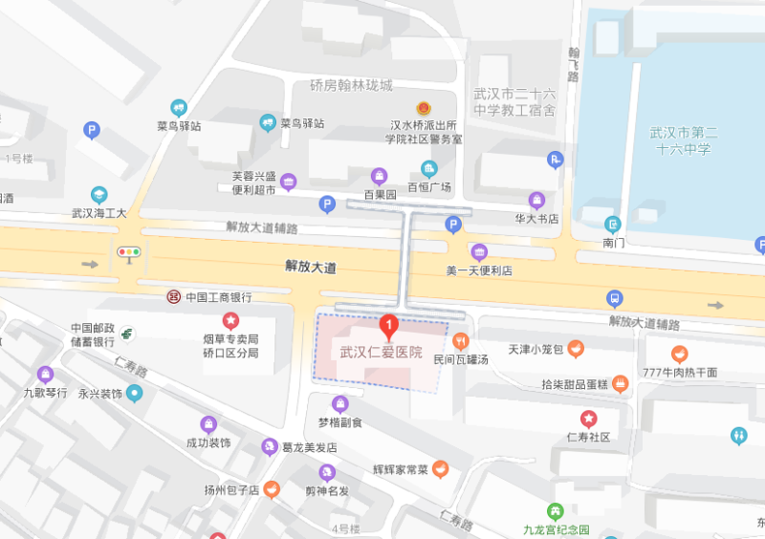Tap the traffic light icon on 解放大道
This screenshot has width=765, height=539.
coord(127,253)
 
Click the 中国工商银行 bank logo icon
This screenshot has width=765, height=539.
coord(174,296)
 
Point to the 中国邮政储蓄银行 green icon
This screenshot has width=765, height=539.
coord(127,334)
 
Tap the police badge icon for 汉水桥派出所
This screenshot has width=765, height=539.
coord(423,109)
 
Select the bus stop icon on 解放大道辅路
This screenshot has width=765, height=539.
coord(615,297)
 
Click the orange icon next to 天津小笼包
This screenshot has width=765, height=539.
coord(576,349)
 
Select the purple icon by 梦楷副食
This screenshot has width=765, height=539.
coord(339,404)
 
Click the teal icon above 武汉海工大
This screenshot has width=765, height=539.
coord(99,195)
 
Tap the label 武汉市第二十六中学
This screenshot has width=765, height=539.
coord(683,140)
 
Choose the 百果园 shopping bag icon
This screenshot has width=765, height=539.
coord(380,176)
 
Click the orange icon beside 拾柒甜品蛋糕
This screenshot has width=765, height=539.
coord(621,383)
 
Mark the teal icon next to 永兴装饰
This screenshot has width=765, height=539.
coord(135,393)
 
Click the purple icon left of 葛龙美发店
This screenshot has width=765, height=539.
coord(271,447)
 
